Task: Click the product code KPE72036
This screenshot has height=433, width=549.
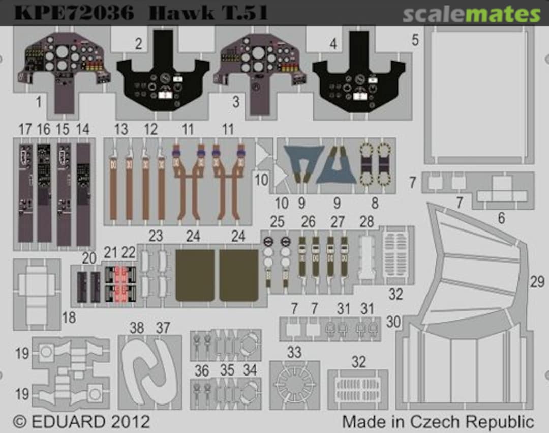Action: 74,13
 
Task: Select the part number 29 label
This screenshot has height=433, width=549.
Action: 537,282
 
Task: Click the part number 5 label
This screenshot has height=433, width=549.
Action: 415,40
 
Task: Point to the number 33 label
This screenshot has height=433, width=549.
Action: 294,352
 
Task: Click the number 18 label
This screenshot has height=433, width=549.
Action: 69,318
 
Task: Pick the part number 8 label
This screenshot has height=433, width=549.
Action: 375,204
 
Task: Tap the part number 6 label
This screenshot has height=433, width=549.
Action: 501,218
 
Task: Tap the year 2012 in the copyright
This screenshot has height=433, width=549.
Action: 130,422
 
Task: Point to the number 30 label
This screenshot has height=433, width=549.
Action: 393,322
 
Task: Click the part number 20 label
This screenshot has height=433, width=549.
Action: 89,258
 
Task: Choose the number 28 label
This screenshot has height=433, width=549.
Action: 367,221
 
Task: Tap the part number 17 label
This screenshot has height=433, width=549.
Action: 25,130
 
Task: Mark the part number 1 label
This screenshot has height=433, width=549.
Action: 38,102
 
